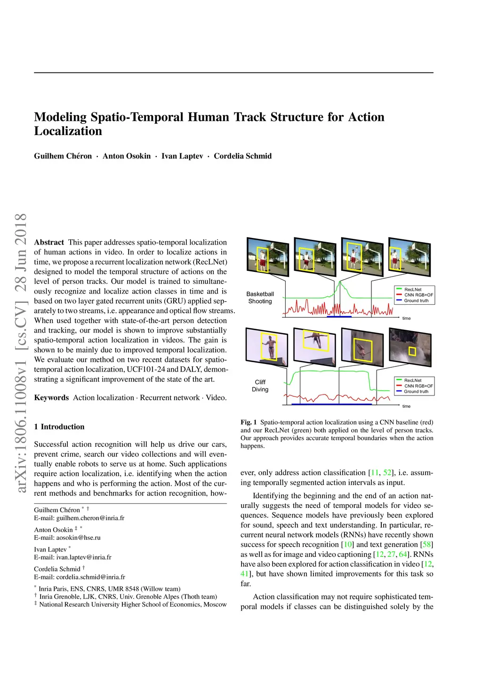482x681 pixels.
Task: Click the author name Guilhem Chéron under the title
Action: [x=63, y=156]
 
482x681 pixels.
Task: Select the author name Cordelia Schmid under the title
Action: [x=242, y=156]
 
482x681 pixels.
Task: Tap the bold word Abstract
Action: [x=49, y=242]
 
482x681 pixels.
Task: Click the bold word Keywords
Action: [x=51, y=397]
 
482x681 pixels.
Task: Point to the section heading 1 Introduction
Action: [x=59, y=427]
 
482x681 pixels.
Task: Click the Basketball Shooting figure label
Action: [x=260, y=298]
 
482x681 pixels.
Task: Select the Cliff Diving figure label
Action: [x=260, y=386]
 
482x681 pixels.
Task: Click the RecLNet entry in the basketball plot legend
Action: [x=413, y=290]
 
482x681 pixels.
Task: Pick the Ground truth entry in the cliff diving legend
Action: [x=416, y=391]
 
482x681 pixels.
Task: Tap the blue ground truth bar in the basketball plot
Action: [x=339, y=317]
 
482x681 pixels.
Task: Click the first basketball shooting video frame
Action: [x=267, y=257]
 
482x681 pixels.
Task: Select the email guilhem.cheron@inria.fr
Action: [x=90, y=518]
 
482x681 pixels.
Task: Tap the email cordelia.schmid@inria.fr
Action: [x=91, y=577]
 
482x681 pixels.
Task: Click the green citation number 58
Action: [x=427, y=545]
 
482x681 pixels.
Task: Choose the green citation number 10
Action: [x=348, y=545]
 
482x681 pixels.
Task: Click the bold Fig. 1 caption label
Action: [x=249, y=422]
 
